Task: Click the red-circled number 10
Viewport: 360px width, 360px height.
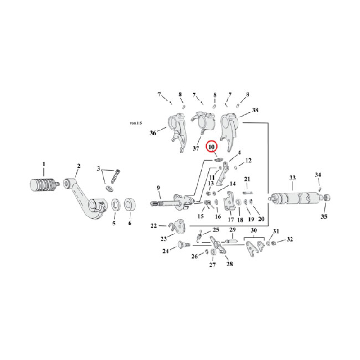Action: [x=211, y=147]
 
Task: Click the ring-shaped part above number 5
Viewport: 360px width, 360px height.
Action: [x=115, y=205]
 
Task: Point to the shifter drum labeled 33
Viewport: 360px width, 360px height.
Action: [x=292, y=198]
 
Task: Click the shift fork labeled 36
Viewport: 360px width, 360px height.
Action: [x=175, y=130]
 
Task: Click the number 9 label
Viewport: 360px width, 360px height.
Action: [x=158, y=188]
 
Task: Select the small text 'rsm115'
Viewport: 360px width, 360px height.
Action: [x=135, y=122]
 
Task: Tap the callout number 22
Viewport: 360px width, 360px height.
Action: [x=153, y=225]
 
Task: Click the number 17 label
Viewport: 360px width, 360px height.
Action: [x=231, y=220]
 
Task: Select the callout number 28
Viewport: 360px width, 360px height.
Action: [x=229, y=264]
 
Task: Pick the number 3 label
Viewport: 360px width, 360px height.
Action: [x=99, y=169]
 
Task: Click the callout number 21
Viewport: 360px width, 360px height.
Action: [x=247, y=180]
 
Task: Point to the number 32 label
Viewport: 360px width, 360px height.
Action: [x=290, y=239]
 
